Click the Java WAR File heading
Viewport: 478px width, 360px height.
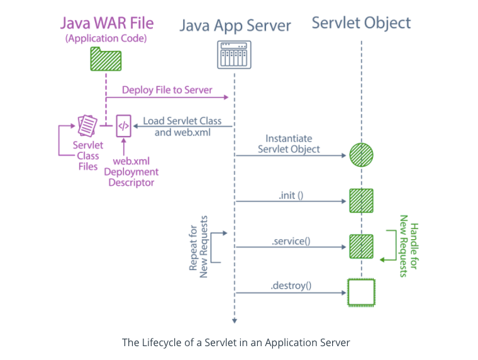[107, 24]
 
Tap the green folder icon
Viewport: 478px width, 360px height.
[106, 59]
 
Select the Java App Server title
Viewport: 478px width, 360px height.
[235, 25]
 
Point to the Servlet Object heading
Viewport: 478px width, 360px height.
[361, 24]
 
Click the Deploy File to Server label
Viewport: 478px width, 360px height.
[167, 90]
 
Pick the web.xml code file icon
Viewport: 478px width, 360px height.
[124, 126]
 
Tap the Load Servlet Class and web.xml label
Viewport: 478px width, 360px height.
[182, 127]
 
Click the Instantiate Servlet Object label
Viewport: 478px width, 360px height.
[289, 144]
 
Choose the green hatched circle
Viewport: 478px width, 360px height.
[362, 154]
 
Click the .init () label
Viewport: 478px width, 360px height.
[291, 195]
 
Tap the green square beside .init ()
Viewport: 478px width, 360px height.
[362, 201]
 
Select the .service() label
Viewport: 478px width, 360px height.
[291, 241]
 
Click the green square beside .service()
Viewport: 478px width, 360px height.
[362, 247]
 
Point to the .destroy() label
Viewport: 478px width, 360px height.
[291, 286]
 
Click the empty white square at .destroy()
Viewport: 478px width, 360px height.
[362, 293]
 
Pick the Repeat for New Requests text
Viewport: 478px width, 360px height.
[199, 247]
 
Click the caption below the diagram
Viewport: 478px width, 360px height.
[236, 343]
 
